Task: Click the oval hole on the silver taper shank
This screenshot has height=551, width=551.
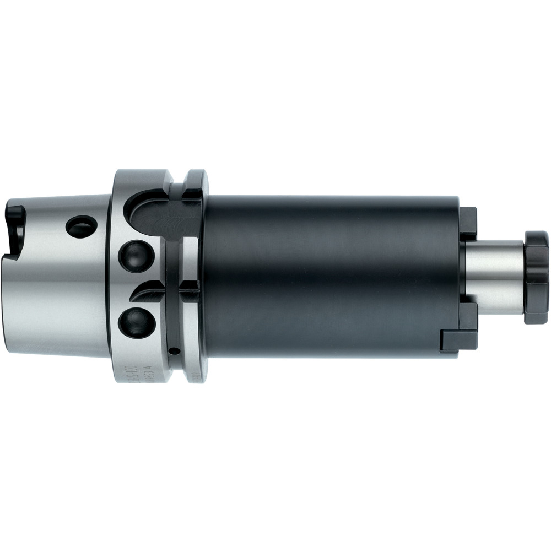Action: point(81,225)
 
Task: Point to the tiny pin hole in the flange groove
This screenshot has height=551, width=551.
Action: point(175,350)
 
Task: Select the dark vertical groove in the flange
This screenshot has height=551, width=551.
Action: point(175,309)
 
